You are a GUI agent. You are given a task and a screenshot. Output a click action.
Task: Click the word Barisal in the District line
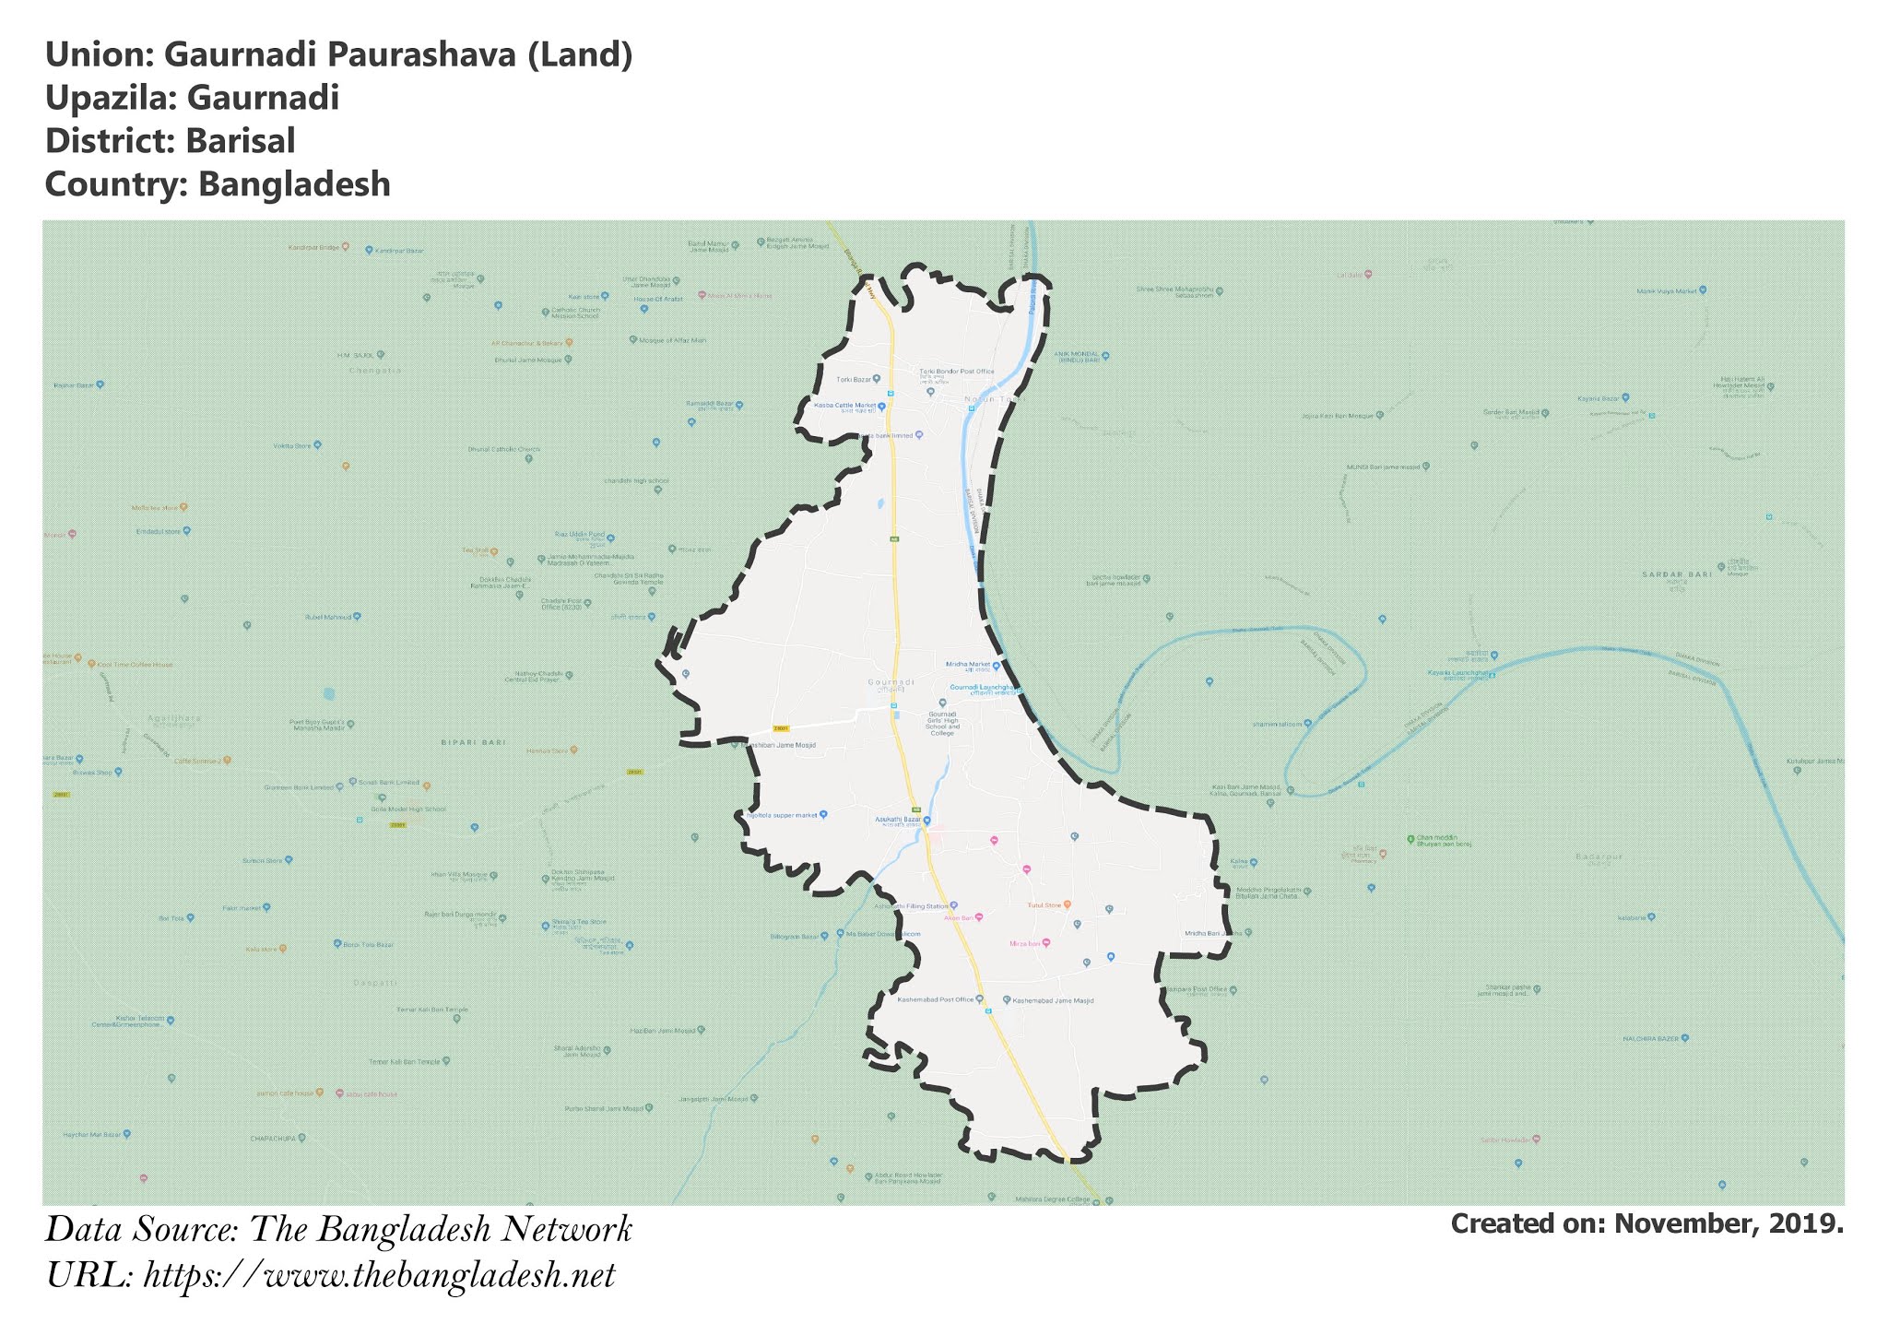pos(240,141)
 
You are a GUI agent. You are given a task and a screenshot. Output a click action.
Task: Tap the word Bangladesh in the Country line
pos(294,184)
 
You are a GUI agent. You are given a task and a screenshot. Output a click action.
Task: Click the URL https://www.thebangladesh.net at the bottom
pos(379,1276)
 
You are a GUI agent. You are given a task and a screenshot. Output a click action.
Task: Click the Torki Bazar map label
pos(854,379)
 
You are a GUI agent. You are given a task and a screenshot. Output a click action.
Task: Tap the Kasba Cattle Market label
pos(844,406)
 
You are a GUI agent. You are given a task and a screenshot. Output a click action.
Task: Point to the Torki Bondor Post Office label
pos(957,372)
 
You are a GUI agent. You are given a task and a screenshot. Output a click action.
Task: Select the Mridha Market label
pos(968,664)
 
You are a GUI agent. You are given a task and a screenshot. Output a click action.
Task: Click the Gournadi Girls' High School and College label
pos(942,723)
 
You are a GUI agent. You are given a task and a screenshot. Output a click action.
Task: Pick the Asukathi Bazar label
pos(899,820)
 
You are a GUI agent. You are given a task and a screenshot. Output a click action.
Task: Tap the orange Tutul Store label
pos(1044,905)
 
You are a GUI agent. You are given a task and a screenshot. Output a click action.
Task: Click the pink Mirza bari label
pos(1025,943)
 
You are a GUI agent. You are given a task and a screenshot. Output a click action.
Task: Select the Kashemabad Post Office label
pos(936,999)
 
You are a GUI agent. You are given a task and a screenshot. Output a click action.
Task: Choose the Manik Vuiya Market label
pos(1666,291)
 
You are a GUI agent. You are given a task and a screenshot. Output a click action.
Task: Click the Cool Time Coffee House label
pos(135,664)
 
